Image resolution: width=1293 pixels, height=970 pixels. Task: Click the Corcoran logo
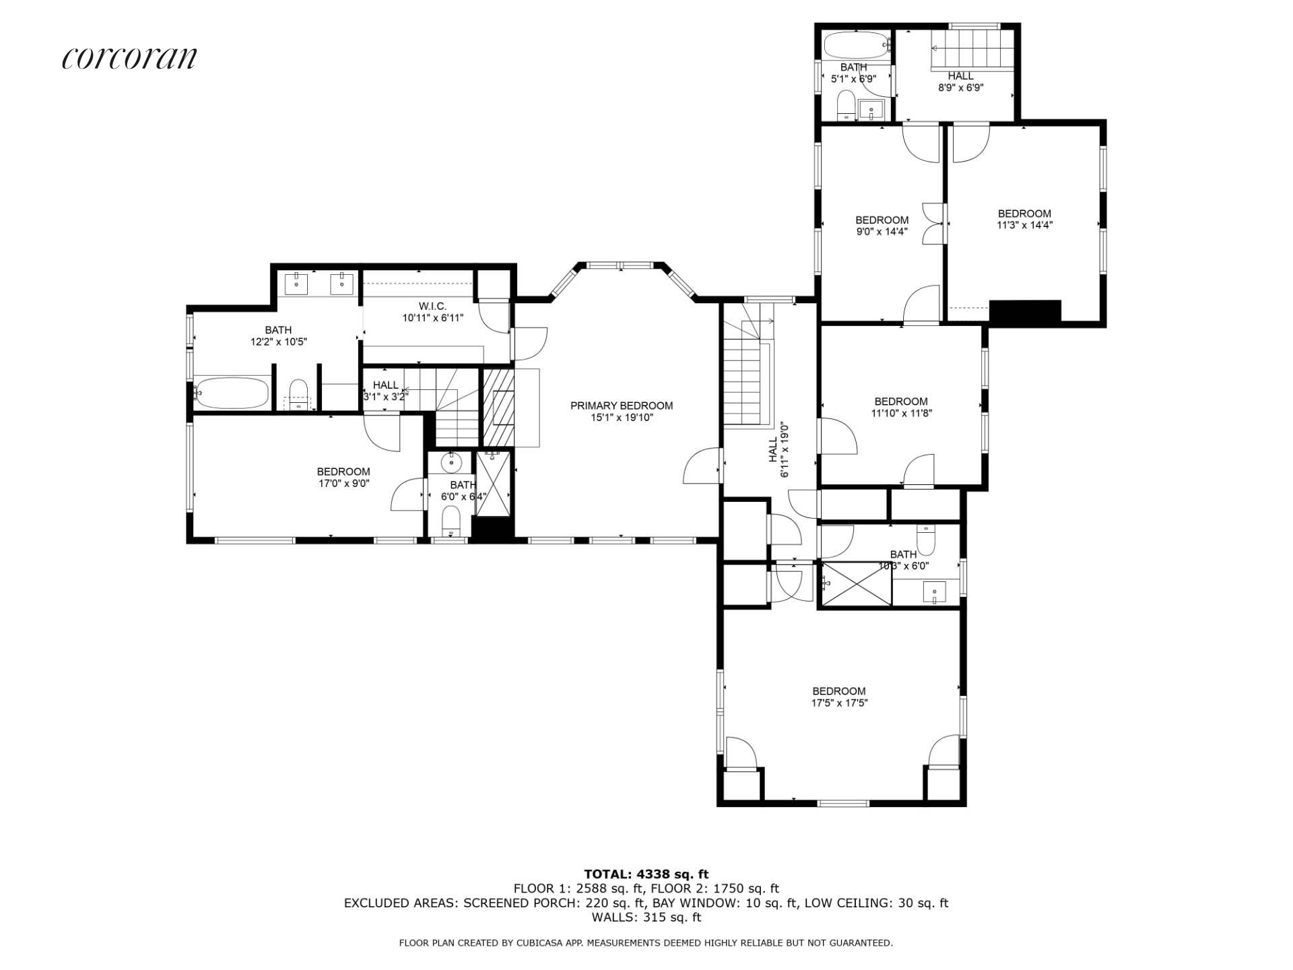tap(129, 58)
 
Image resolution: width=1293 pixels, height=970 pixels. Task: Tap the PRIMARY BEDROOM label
tap(622, 406)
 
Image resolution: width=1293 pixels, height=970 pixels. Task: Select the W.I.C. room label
tap(432, 306)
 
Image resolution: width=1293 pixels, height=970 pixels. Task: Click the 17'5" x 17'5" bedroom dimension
tap(839, 703)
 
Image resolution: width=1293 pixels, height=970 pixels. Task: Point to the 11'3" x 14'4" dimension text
tap(1024, 226)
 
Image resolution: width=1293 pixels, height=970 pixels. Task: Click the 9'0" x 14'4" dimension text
tap(882, 232)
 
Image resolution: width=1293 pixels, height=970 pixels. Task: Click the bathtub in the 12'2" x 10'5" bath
tap(232, 393)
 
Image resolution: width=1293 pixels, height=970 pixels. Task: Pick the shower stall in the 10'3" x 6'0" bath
tap(855, 583)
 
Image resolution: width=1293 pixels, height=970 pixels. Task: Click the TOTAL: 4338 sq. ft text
tap(646, 875)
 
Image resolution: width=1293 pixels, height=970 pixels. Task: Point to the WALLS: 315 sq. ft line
tap(646, 917)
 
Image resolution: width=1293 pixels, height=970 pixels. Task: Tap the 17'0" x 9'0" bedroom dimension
tap(343, 483)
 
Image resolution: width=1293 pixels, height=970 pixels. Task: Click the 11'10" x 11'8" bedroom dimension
tap(901, 413)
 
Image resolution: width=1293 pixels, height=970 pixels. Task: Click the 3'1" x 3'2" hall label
tap(385, 397)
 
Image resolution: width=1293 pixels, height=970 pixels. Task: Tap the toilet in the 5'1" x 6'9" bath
tap(846, 106)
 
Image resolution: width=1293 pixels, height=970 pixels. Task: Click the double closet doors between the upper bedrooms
tap(933, 223)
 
